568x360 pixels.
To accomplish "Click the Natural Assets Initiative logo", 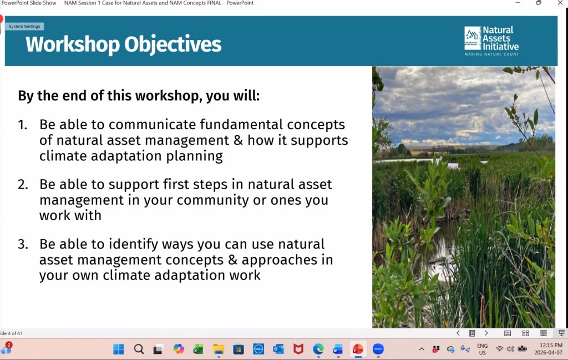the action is tap(491, 41).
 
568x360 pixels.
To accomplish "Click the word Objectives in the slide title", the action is tap(173, 44).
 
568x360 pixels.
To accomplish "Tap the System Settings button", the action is tap(24, 27).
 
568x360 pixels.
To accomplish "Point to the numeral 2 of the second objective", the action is tap(22, 184).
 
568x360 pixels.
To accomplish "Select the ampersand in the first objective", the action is tap(238, 140).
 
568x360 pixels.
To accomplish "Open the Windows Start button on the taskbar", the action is tap(119, 349).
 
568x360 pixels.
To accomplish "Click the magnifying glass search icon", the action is tap(139, 349).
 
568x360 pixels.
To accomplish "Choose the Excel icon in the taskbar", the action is tap(198, 349).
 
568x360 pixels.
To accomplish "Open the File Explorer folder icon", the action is tap(219, 349).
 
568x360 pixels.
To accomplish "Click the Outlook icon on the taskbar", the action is tap(278, 349).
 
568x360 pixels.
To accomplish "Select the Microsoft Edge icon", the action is tap(318, 349).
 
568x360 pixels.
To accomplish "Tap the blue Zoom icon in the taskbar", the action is tap(378, 349).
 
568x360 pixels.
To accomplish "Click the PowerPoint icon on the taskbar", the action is tap(358, 349).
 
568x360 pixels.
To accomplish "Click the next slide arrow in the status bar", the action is tap(486, 333).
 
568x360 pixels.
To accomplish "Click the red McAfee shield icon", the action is tap(298, 349).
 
